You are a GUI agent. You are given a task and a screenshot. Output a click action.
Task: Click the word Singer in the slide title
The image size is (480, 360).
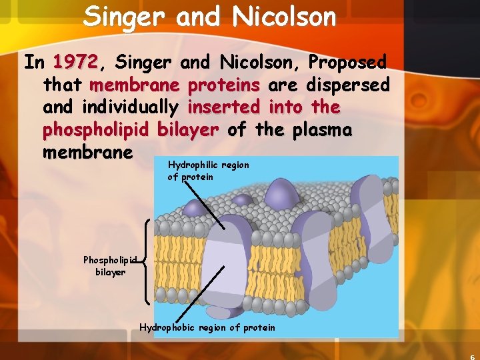(x=125, y=16)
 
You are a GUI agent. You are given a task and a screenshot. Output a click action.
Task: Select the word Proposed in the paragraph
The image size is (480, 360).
(x=347, y=63)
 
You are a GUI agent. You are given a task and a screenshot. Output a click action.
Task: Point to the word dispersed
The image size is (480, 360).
(x=348, y=85)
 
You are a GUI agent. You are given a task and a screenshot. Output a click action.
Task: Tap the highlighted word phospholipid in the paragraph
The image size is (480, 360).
(x=97, y=130)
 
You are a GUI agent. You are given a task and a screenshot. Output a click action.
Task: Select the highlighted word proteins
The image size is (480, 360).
(x=224, y=85)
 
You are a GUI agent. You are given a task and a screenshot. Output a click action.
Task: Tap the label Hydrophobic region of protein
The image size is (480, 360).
(x=207, y=327)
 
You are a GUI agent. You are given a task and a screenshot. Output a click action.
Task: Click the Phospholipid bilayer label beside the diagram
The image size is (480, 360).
(x=110, y=266)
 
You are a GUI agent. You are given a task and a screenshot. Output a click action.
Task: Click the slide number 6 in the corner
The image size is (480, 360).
(x=473, y=356)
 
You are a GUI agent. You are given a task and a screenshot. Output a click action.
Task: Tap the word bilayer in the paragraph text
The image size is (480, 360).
(x=187, y=130)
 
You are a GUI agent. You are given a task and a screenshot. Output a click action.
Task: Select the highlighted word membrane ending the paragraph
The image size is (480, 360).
(x=87, y=153)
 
